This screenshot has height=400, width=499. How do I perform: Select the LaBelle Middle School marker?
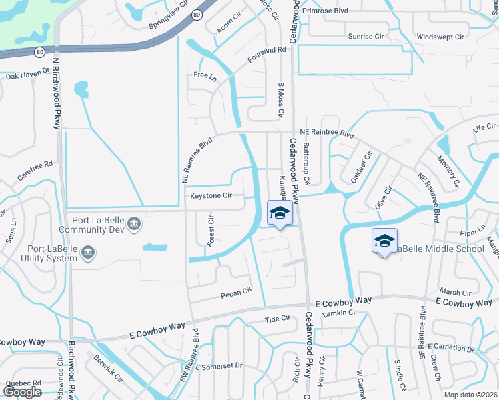(384, 242)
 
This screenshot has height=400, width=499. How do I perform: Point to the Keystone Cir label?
(211, 196)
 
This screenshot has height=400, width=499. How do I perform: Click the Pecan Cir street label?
(236, 291)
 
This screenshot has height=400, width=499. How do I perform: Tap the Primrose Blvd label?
(326, 11)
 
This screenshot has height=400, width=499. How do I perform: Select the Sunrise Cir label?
(367, 36)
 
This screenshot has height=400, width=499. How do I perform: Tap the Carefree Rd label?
(35, 166)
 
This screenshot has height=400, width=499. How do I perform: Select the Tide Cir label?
(277, 319)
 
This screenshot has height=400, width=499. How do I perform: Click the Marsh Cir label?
(456, 293)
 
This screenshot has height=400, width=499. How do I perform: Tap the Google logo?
(23, 392)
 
